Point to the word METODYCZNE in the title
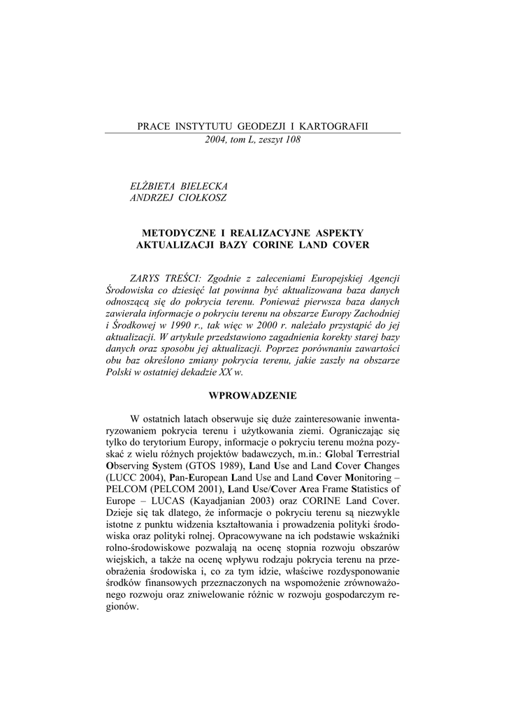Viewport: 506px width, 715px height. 178,233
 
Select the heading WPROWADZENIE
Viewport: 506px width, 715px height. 252,396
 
